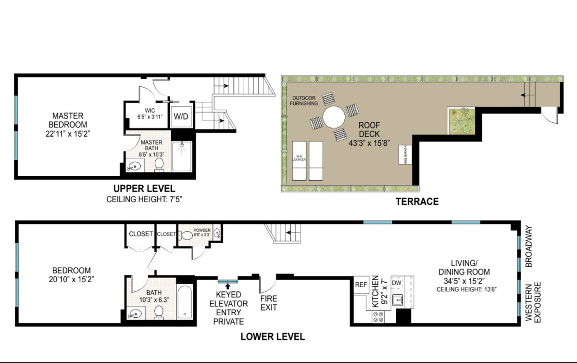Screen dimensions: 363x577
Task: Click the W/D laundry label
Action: tap(181, 117)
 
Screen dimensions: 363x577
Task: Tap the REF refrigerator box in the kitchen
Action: tap(361, 285)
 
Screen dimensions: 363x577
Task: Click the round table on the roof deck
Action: tap(334, 117)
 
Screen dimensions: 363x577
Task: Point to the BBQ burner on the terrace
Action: tap(403, 155)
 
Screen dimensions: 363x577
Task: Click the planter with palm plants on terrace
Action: tap(461, 121)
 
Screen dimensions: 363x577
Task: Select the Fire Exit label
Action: tap(268, 303)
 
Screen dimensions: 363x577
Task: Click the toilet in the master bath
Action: tap(160, 165)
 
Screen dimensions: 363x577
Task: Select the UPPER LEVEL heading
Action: tap(144, 188)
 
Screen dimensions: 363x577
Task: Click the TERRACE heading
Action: tap(417, 201)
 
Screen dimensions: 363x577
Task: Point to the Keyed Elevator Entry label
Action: tap(228, 308)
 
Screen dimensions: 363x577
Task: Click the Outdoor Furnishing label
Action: tap(304, 101)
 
